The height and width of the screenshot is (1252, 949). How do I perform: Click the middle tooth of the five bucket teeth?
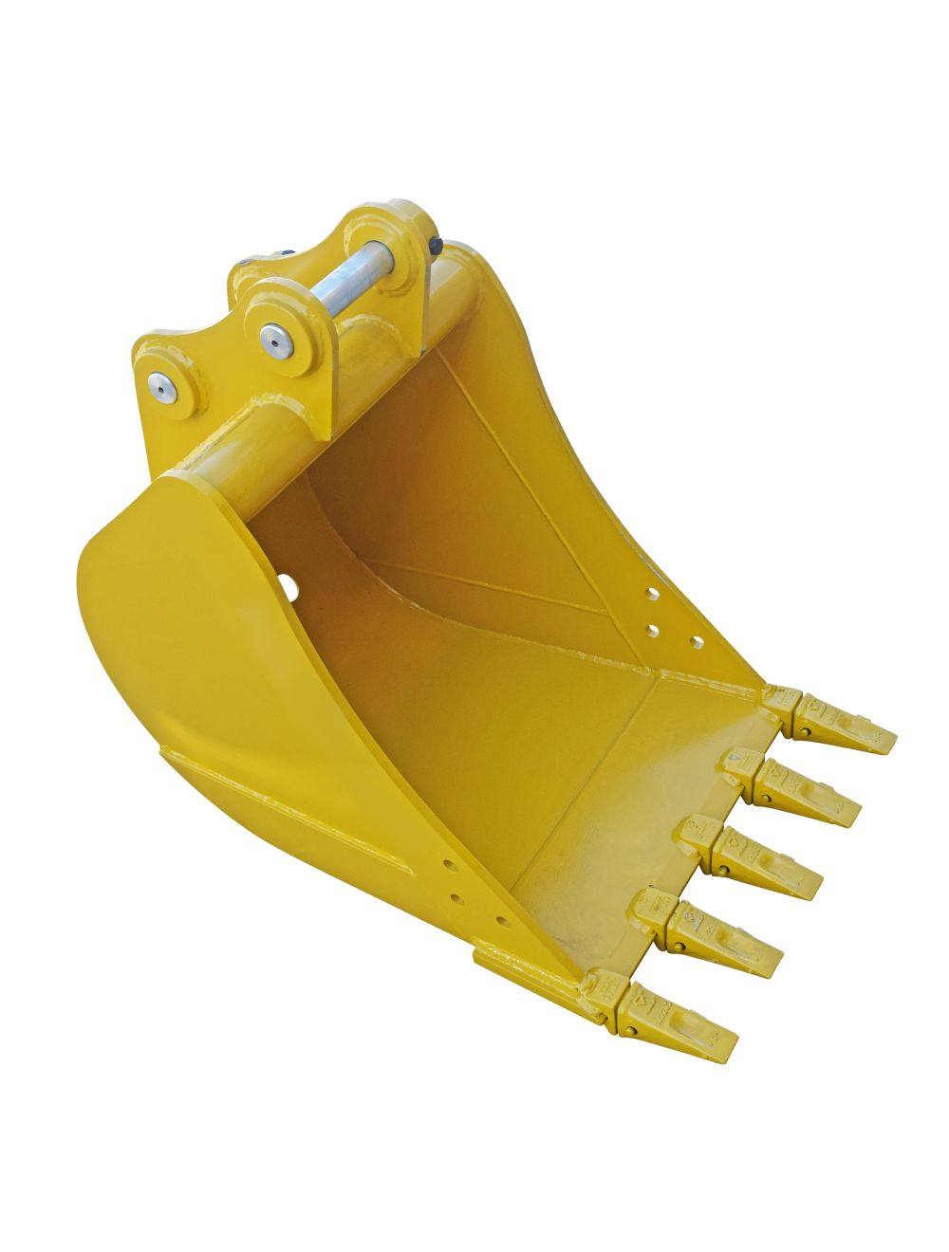tap(765, 859)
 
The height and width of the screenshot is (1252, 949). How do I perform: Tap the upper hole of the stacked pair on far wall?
tap(654, 596)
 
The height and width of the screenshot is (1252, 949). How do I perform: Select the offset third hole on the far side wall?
tap(697, 642)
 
